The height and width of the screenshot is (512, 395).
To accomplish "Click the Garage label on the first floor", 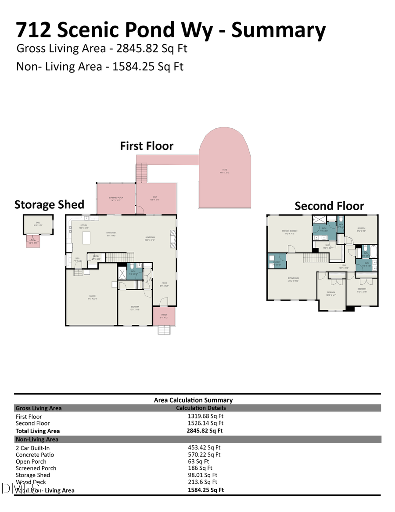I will [x=92, y=297].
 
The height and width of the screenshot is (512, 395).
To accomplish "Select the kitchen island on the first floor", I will [x=86, y=238].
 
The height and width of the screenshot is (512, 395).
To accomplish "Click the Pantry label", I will [x=96, y=257].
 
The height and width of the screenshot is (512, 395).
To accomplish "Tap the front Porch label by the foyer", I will [x=164, y=315].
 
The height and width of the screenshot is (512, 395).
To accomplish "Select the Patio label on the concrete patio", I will [x=224, y=171].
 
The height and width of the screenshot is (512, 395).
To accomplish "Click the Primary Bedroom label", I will [x=290, y=232].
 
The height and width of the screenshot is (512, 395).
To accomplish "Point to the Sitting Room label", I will [x=293, y=279].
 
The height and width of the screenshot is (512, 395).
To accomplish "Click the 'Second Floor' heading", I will [x=329, y=206].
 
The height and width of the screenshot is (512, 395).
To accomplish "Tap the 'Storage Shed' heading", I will [x=49, y=204].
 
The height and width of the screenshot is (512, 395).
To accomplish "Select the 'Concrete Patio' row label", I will [x=35, y=454].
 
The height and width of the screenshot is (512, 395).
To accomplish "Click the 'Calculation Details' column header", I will [x=201, y=408].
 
